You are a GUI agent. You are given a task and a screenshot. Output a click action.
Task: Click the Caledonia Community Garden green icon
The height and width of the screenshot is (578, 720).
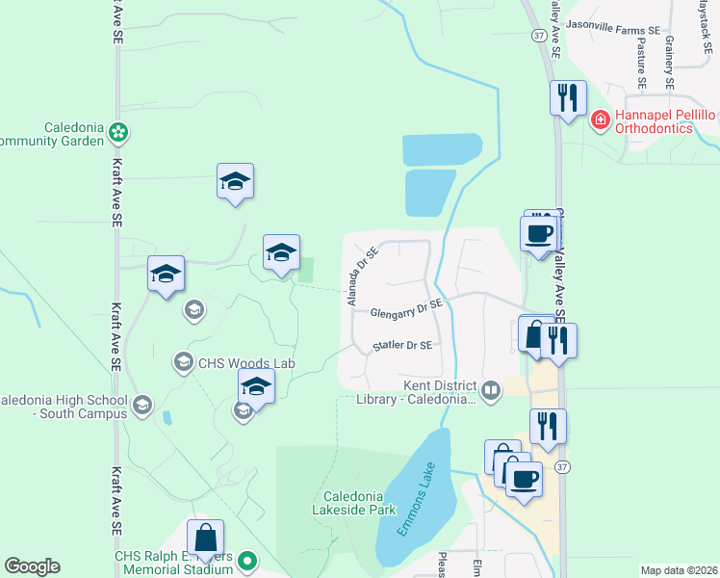(x=118, y=130)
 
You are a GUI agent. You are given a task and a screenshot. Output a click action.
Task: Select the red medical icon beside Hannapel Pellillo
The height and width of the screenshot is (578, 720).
(x=600, y=120)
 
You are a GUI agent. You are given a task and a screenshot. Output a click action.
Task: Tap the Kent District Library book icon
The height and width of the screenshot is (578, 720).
(x=491, y=389)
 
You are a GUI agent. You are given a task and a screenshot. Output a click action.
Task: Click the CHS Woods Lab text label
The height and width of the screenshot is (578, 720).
(x=245, y=363)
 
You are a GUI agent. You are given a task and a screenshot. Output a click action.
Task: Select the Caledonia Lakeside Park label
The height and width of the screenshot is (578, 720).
(x=354, y=503)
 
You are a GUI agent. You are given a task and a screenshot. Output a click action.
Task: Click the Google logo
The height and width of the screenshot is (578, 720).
(x=32, y=566)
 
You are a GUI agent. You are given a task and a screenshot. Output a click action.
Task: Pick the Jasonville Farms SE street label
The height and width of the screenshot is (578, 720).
(x=613, y=30)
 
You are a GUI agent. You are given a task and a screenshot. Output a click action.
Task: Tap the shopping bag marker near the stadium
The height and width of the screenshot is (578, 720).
(x=205, y=538)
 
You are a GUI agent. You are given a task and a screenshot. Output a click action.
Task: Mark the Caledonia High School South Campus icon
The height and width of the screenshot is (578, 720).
(x=142, y=404)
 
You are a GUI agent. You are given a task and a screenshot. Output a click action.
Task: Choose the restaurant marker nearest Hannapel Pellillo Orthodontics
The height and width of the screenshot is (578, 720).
(x=568, y=96)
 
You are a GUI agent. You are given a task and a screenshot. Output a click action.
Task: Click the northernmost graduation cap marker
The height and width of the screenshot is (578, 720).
(x=235, y=180)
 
